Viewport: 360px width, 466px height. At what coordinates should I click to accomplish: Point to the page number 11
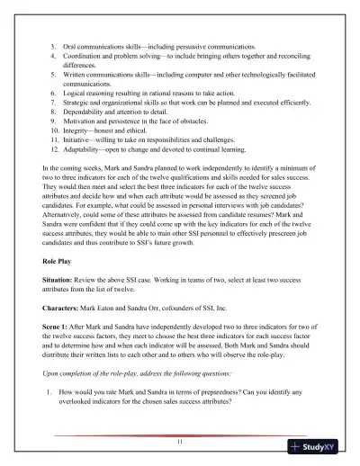[180, 442]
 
